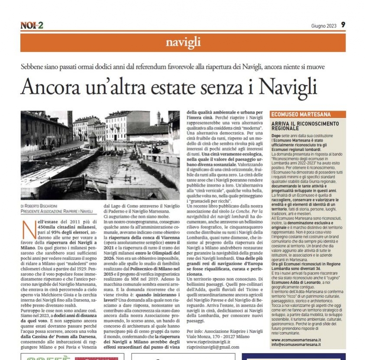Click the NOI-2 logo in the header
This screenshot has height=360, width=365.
[32, 25]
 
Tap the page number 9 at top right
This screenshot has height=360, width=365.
[343, 25]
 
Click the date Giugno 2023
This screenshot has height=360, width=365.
[323, 26]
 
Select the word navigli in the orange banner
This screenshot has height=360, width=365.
[183, 42]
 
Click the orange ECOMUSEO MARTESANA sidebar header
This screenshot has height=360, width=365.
[300, 114]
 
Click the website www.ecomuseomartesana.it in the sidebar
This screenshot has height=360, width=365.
[296, 340]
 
